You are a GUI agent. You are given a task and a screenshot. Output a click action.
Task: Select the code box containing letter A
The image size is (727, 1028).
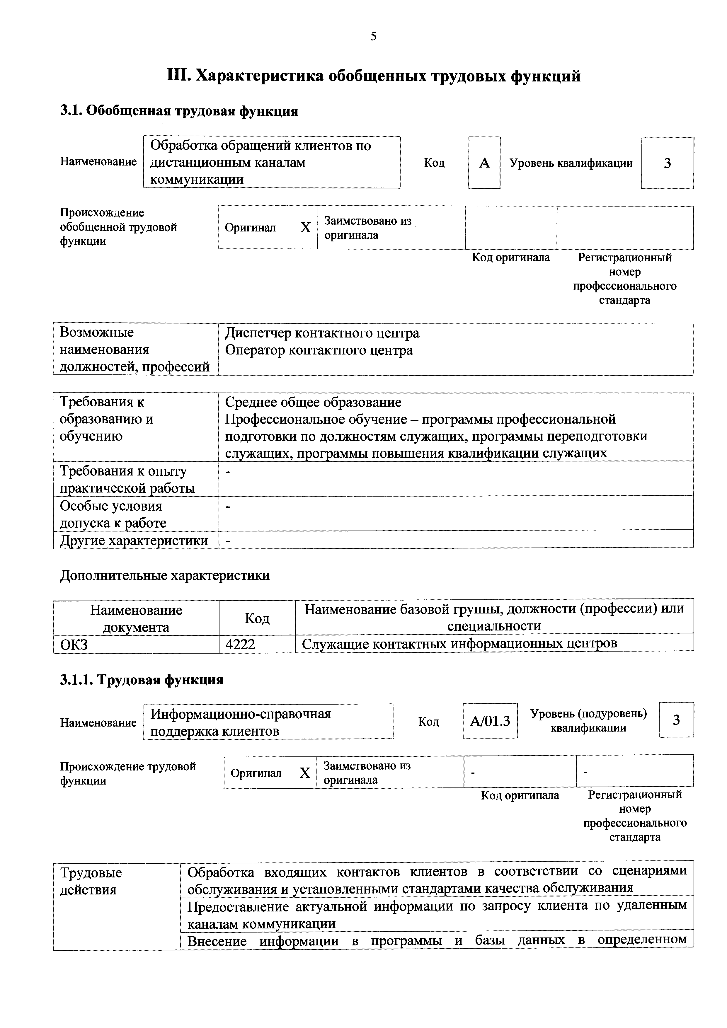(484, 163)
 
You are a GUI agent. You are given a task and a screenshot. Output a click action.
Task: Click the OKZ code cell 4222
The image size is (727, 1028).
(241, 644)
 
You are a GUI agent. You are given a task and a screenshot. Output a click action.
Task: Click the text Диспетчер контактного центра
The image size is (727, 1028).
(322, 333)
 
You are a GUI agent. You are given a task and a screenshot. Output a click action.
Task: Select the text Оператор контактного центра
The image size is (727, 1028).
(319, 350)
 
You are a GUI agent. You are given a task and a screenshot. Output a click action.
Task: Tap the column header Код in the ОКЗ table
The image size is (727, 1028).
(257, 618)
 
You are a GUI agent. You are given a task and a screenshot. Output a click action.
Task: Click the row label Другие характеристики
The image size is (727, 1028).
(134, 541)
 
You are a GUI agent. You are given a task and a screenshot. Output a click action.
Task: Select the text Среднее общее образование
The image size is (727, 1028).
(313, 402)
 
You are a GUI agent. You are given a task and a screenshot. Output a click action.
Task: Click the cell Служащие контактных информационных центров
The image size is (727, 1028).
(459, 644)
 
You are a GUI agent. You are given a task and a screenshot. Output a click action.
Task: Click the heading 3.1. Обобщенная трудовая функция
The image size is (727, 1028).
(179, 110)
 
